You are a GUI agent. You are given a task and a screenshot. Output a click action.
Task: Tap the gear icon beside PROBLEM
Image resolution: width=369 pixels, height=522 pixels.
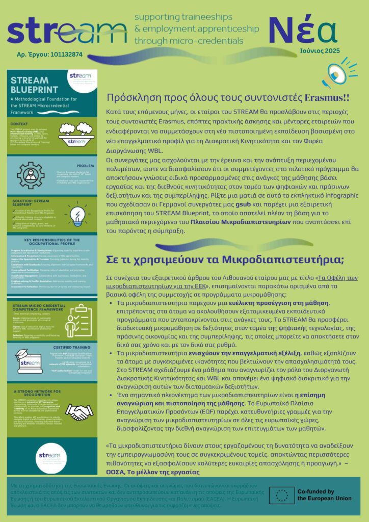coord(31,175)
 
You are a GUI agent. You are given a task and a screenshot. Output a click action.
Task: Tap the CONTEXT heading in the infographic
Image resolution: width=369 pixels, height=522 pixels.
coord(21,123)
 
